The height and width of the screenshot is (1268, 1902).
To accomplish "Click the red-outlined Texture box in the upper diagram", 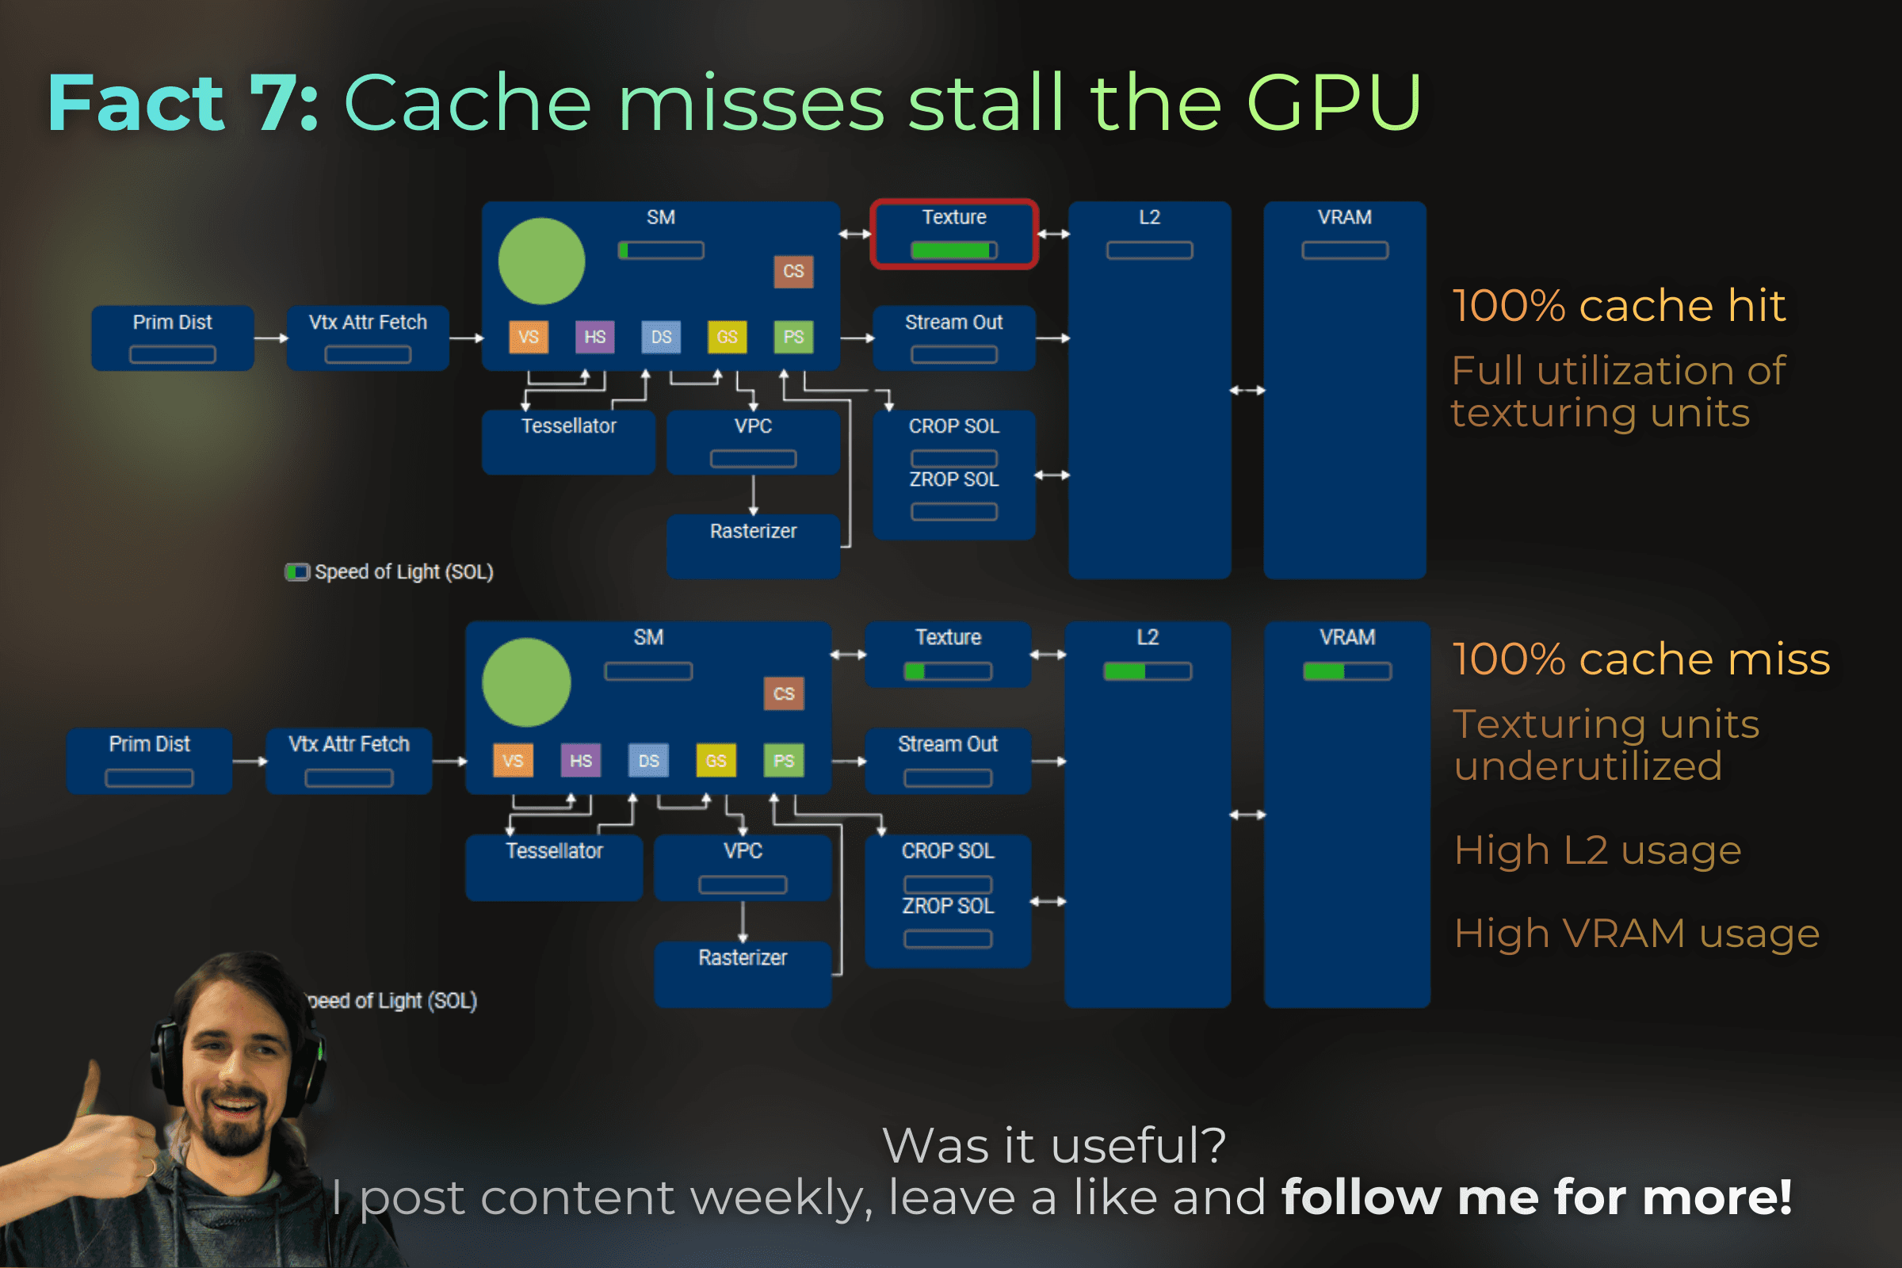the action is [x=953, y=233].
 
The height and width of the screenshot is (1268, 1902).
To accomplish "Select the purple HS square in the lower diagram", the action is [x=581, y=761].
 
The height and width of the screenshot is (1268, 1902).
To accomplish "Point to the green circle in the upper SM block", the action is [x=541, y=262].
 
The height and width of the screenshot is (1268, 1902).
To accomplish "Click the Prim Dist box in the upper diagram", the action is [x=172, y=338].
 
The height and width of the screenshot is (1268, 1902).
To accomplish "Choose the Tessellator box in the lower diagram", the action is [x=554, y=867].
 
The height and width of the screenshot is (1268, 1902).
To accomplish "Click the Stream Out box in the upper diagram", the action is [x=953, y=338].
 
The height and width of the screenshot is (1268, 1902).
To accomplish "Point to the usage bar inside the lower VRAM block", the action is [x=1346, y=671].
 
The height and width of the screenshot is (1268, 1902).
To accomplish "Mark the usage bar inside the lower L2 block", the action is [x=1147, y=671].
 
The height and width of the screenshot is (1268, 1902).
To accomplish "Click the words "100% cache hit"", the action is [x=1618, y=306].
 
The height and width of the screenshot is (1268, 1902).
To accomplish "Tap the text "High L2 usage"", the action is [x=1597, y=850].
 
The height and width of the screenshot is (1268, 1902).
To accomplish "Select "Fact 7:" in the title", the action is [x=183, y=103].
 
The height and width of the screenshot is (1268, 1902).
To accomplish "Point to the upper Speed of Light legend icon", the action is [x=296, y=572].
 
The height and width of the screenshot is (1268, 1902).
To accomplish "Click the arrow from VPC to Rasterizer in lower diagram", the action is [x=743, y=921].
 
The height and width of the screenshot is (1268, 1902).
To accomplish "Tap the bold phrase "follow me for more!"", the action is [x=1537, y=1197].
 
